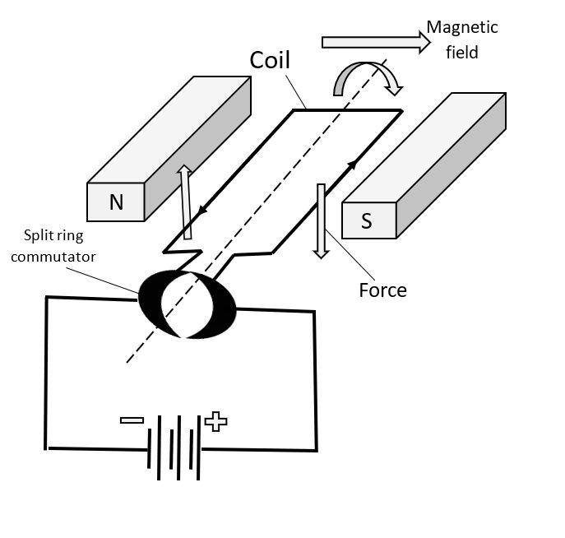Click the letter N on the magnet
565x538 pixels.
tap(116, 202)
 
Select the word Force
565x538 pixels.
tap(382, 290)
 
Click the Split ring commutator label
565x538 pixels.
tap(59, 247)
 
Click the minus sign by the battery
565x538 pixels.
tap(132, 420)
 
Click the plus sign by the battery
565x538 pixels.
tap(215, 421)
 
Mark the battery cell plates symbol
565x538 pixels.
tap(174, 448)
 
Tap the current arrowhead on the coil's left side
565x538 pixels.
tap(201, 210)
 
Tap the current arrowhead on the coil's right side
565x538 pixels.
tap(352, 166)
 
